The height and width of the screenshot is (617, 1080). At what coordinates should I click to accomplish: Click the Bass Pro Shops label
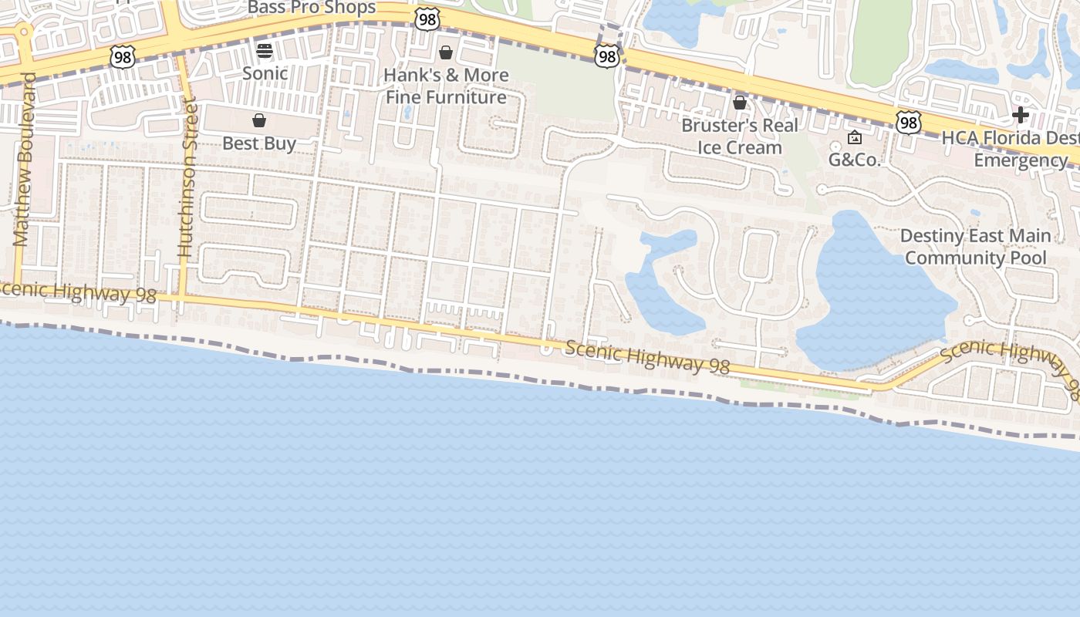point(312,8)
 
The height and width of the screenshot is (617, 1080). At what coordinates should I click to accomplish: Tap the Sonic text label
point(265,73)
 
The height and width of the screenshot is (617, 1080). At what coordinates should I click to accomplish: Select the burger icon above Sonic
point(265,51)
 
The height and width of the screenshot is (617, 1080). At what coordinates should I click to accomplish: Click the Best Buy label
point(259,143)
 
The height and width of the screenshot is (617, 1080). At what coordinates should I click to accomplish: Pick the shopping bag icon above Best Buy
point(259,120)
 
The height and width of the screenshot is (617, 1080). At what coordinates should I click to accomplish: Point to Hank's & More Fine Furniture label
point(447,86)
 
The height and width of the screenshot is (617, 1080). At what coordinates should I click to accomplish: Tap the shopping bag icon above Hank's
point(446,52)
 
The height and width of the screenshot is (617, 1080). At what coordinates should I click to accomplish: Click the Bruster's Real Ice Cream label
point(740,136)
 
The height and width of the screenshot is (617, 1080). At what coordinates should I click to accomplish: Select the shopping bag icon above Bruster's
point(740,102)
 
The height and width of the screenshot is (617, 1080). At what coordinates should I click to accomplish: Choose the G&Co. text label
point(855,160)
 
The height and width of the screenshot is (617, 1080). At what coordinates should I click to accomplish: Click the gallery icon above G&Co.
point(855,137)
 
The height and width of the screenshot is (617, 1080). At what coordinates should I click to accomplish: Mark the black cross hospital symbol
point(1021,115)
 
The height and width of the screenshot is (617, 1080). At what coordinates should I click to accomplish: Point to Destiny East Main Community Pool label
point(975,247)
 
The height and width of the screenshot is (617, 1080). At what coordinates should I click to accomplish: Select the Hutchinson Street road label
point(185,177)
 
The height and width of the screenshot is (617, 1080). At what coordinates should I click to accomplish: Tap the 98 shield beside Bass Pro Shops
point(427,19)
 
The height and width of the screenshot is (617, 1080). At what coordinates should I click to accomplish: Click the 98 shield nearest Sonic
point(123,56)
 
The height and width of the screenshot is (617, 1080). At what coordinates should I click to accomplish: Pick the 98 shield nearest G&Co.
point(909,122)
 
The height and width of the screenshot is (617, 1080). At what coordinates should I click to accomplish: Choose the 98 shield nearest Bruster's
point(607,56)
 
